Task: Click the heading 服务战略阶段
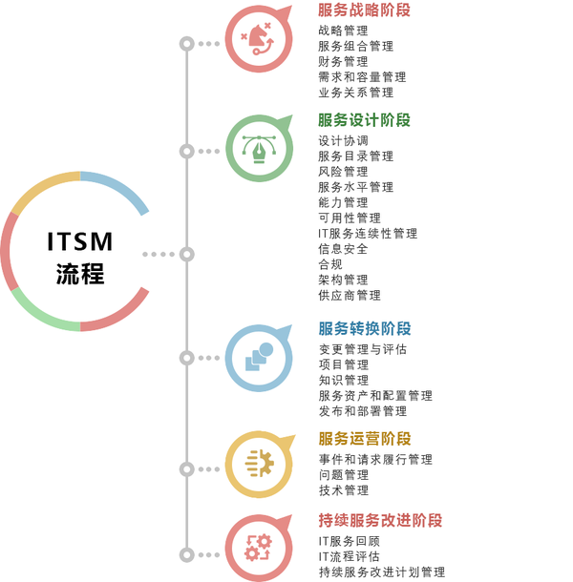(x=364, y=10)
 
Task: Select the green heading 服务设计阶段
(x=364, y=120)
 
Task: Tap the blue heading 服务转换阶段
(x=364, y=328)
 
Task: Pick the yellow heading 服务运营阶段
(x=364, y=439)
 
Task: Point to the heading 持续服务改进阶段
(x=380, y=521)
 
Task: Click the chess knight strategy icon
(x=258, y=39)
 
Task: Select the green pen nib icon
(x=258, y=149)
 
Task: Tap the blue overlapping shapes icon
(x=258, y=358)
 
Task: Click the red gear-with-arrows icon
(x=258, y=548)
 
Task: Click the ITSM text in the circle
(x=80, y=242)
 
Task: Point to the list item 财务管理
(x=343, y=61)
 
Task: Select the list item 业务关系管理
(x=355, y=93)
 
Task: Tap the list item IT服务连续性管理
(x=368, y=233)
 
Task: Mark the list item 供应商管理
(x=349, y=295)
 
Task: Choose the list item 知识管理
(x=343, y=380)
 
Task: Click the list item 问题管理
(x=343, y=474)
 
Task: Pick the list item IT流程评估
(x=349, y=556)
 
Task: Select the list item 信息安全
(x=343, y=248)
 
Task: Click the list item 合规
(x=330, y=263)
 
